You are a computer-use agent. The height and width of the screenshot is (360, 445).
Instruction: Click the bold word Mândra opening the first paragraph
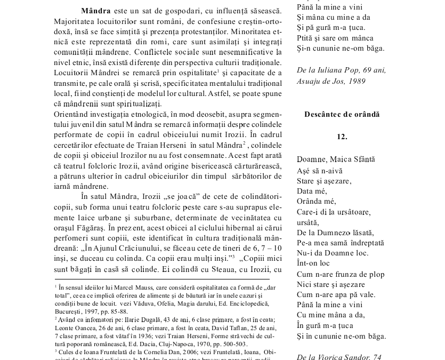click(x=96, y=10)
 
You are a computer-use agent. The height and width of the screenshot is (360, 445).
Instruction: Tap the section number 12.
click(x=342, y=137)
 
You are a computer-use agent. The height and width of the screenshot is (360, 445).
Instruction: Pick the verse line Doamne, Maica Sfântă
click(x=336, y=159)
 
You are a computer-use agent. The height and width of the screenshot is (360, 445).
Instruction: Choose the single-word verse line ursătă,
click(x=308, y=222)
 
